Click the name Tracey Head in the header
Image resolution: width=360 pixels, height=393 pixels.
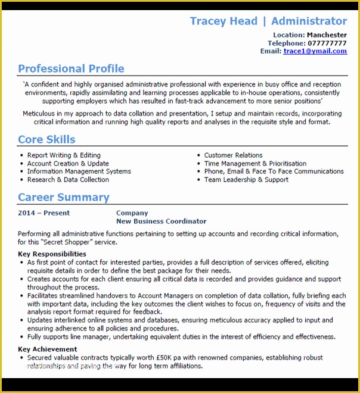click(223, 21)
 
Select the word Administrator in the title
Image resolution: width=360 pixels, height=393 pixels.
click(309, 21)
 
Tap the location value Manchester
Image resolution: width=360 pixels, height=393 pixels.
click(327, 35)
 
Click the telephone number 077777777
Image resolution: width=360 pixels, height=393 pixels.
click(327, 43)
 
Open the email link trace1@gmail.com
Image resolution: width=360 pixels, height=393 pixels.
click(315, 51)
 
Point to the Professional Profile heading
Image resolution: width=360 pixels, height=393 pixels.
click(71, 68)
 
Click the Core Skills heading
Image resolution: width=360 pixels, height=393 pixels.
click(46, 139)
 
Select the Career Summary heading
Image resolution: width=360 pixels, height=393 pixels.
click(63, 197)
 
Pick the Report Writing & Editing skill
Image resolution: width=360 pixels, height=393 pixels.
click(64, 155)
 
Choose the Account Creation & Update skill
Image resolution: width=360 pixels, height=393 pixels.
click(68, 164)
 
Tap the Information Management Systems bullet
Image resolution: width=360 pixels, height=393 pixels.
click(79, 171)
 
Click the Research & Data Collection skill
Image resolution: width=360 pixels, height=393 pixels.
click(68, 180)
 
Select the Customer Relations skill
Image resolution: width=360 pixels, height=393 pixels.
click(233, 155)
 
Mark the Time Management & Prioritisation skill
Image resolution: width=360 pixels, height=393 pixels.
click(255, 164)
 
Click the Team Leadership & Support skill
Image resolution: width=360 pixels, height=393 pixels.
click(246, 180)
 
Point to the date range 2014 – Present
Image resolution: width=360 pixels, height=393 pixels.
click(44, 213)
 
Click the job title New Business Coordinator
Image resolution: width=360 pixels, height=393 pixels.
click(161, 222)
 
